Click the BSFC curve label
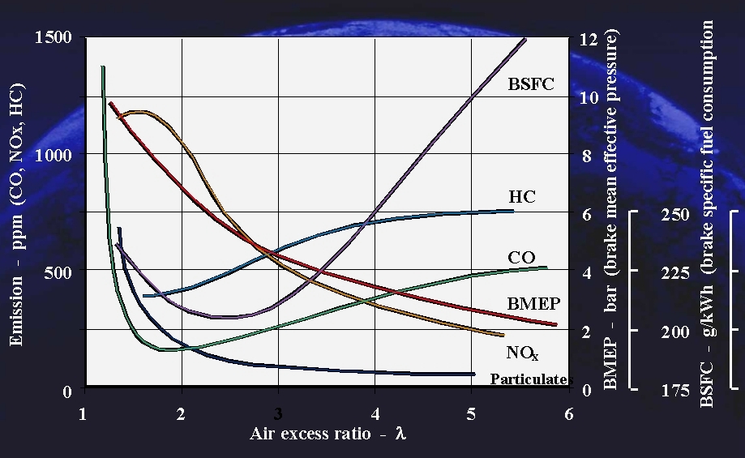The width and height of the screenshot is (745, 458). (x=531, y=83)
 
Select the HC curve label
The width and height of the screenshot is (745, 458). (x=522, y=197)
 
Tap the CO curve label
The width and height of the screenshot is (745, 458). (x=522, y=258)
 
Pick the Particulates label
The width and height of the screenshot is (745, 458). (x=531, y=379)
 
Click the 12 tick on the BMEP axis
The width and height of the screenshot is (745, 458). (x=589, y=38)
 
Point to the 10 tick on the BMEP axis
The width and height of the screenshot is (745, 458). (x=589, y=97)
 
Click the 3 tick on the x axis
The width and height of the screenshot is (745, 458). (x=278, y=413)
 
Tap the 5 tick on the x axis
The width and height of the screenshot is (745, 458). (x=472, y=413)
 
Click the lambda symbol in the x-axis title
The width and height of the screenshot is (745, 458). (x=400, y=434)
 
